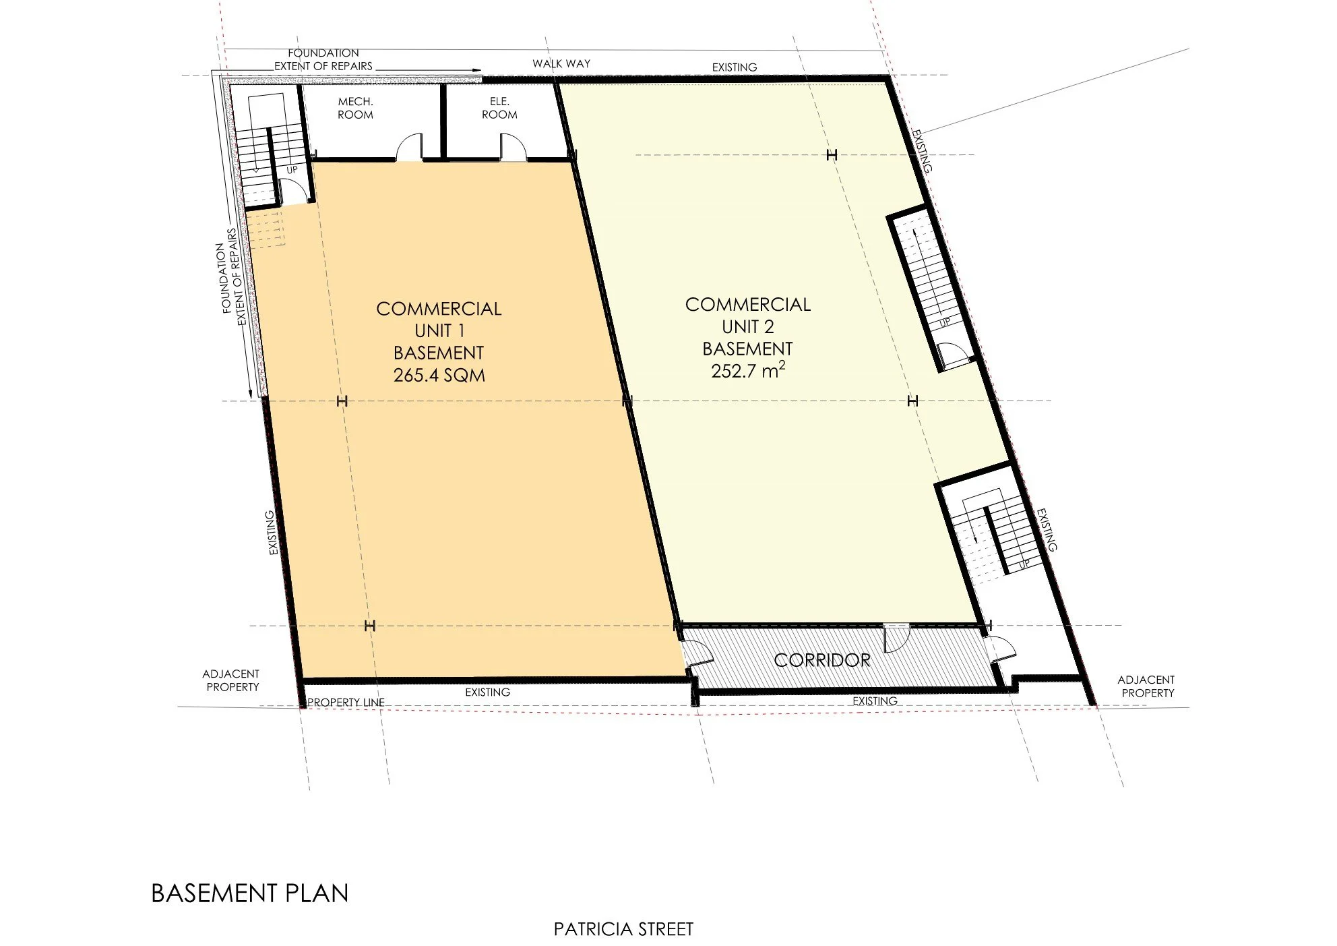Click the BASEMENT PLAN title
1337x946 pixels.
(x=250, y=893)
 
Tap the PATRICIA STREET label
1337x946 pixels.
(x=623, y=929)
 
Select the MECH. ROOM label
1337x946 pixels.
(x=355, y=108)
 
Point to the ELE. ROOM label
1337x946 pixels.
(x=499, y=108)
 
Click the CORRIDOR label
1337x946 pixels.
(x=821, y=660)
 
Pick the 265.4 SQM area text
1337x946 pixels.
(x=439, y=375)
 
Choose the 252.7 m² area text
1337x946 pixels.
(x=747, y=370)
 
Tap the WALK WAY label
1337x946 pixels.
(x=561, y=63)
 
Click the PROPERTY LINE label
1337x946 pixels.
(x=346, y=702)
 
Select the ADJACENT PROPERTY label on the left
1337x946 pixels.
(x=232, y=680)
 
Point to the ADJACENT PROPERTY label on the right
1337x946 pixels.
(x=1146, y=686)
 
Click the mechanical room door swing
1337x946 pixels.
(x=409, y=149)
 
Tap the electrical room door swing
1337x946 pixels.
(x=510, y=148)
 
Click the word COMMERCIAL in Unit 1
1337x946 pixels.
(x=439, y=309)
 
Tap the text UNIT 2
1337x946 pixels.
(x=747, y=327)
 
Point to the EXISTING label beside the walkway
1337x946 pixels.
(x=735, y=67)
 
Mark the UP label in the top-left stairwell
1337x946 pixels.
(x=292, y=170)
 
